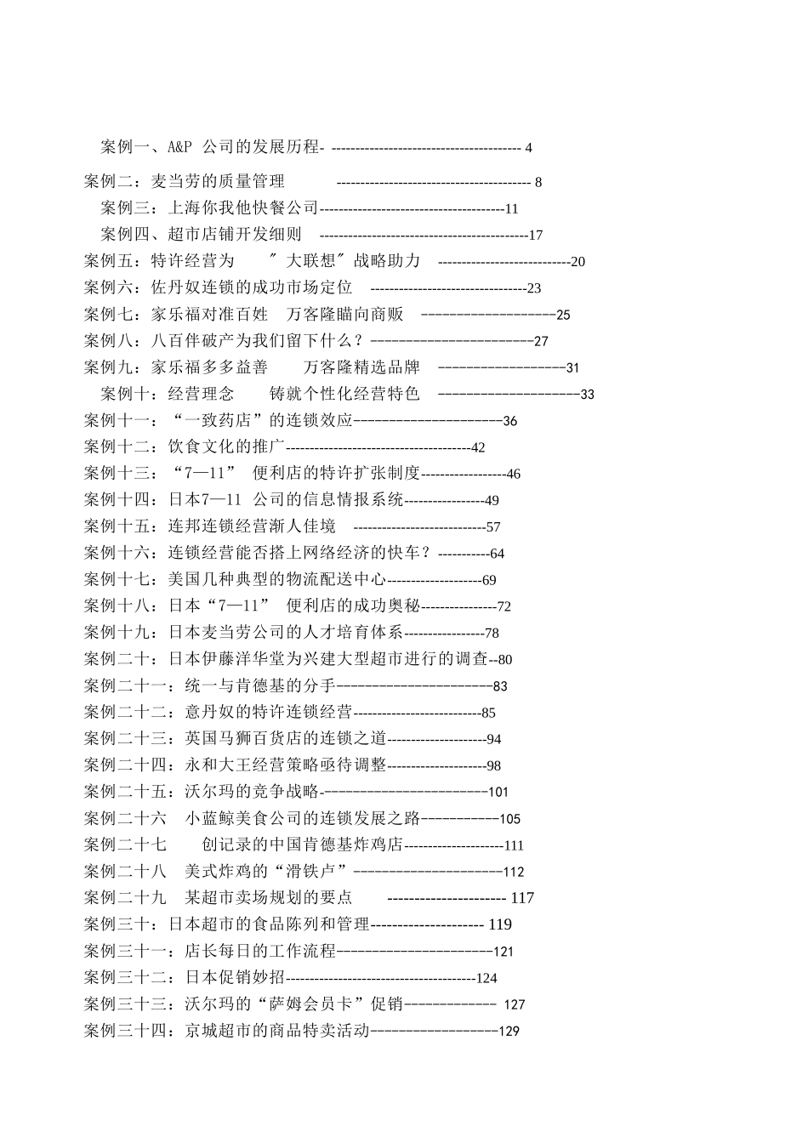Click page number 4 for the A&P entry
(x=528, y=148)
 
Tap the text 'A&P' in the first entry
(x=179, y=147)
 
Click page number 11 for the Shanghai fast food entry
(x=511, y=209)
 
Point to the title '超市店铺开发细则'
(x=235, y=235)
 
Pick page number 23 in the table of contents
(x=534, y=288)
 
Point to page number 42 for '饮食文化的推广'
(x=478, y=447)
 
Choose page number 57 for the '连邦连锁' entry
(x=493, y=527)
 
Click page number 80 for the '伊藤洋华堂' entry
(x=505, y=659)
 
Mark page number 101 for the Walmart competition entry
(x=498, y=792)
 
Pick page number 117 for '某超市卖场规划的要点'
(x=522, y=898)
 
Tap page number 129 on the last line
(x=509, y=1031)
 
